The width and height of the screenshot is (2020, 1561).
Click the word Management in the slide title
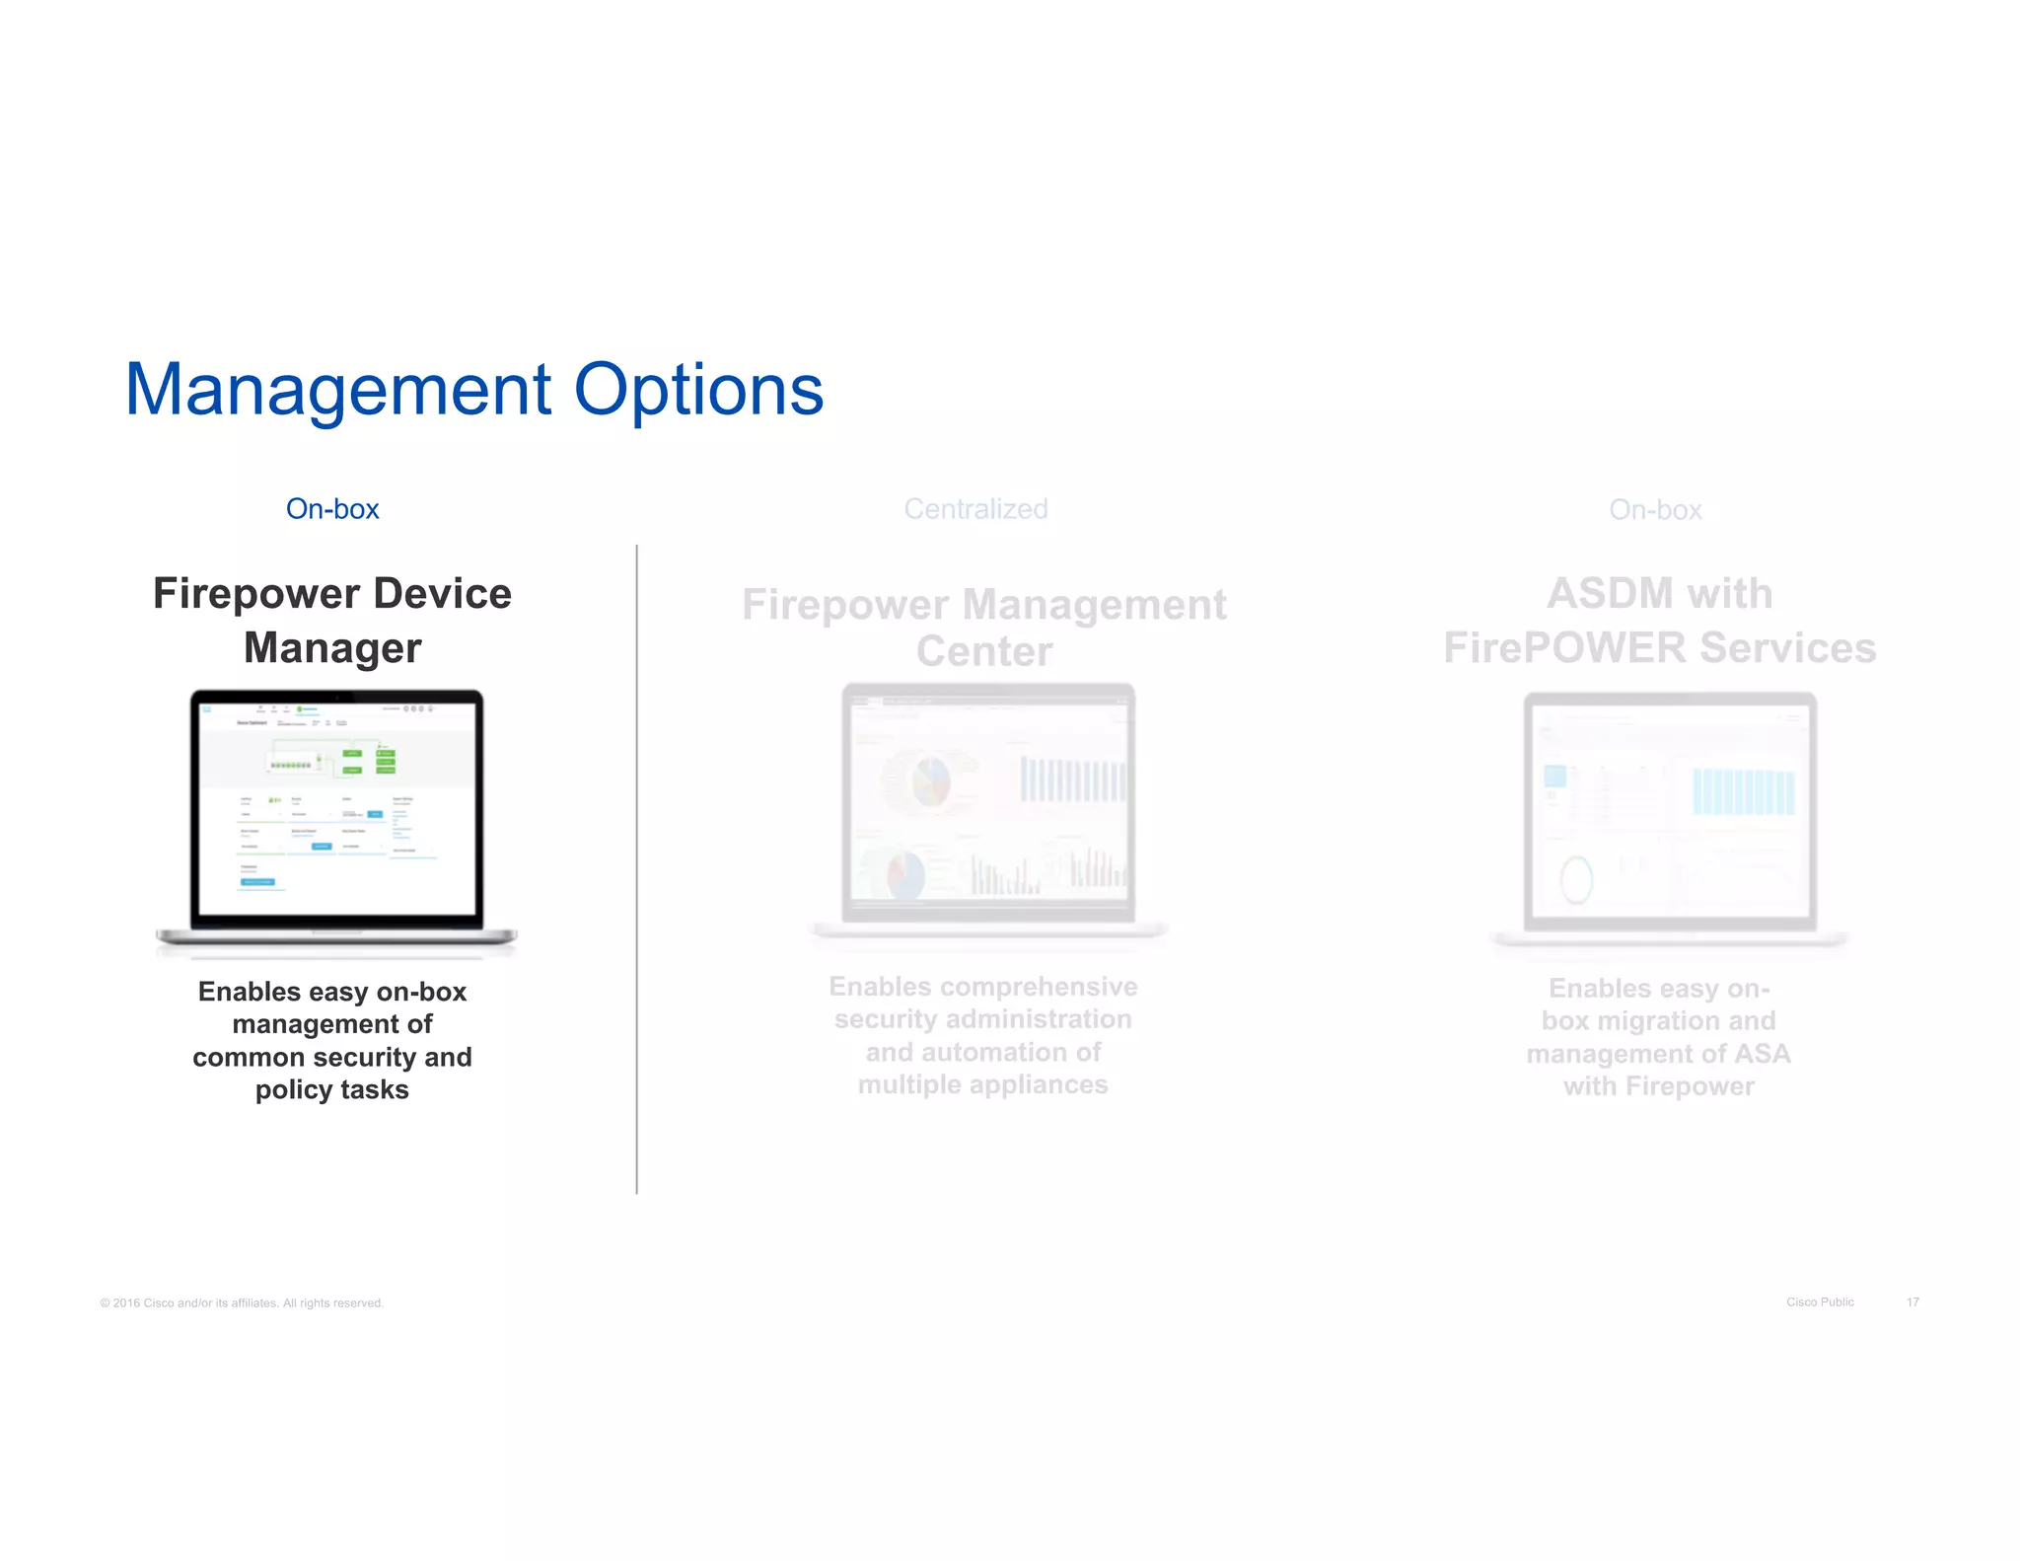pos(337,391)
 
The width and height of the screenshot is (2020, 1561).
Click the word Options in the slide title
pos(698,391)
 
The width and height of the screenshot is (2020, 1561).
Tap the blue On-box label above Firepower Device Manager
pos(332,509)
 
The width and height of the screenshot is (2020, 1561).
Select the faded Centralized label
pos(975,509)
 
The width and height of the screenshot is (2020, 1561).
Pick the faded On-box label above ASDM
pos(1655,510)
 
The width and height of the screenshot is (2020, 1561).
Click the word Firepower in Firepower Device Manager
pos(255,594)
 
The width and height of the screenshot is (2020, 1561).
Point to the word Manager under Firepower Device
pos(332,648)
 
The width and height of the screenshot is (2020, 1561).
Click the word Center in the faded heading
pos(984,651)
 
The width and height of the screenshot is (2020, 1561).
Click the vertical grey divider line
pos(637,868)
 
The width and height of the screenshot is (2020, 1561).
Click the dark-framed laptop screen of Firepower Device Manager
pos(336,809)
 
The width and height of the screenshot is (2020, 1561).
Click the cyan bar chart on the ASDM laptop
pos(1743,792)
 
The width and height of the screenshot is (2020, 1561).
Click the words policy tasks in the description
pos(332,1090)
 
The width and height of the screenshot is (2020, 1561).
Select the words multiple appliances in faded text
pos(982,1085)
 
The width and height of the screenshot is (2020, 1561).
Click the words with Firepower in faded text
pos(1659,1086)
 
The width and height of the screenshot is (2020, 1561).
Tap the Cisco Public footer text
pos(1820,1302)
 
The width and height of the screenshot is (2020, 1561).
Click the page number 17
pos(1912,1302)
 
